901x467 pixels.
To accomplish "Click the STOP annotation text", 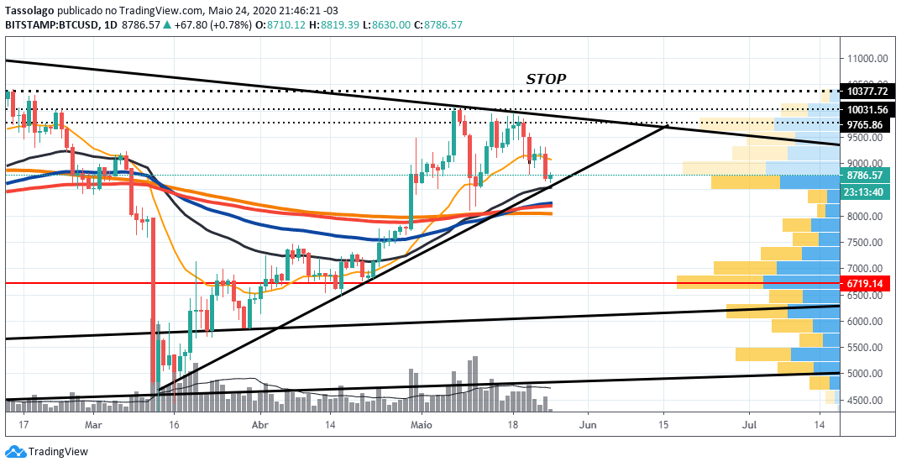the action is (546, 79).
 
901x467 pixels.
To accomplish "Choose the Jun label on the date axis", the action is (588, 426).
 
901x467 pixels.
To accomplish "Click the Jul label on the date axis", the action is (749, 426).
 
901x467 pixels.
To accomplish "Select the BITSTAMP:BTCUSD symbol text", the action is (50, 24).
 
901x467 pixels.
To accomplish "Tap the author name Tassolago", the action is (29, 10).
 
